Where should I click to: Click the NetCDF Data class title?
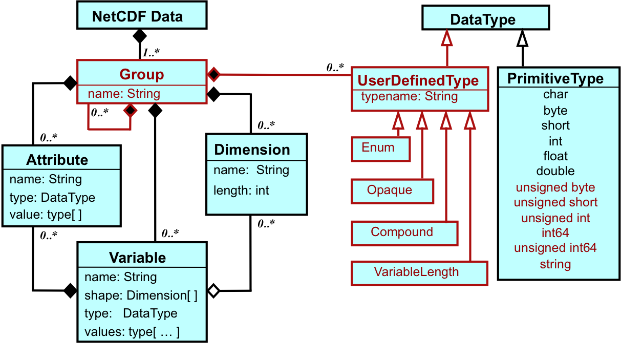(x=138, y=16)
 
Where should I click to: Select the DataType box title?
(x=483, y=19)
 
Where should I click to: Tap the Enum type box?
(x=381, y=149)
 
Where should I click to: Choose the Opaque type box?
(x=392, y=192)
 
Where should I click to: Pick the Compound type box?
(x=404, y=234)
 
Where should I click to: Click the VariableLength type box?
(x=419, y=273)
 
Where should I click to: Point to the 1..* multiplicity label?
(x=151, y=52)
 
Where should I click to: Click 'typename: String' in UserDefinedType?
(x=410, y=96)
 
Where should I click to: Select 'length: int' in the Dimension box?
(x=241, y=190)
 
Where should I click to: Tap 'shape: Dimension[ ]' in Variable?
(x=141, y=295)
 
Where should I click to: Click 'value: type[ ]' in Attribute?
(x=46, y=215)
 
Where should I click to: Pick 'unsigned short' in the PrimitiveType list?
(x=555, y=202)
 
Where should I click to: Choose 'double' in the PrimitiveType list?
(x=555, y=171)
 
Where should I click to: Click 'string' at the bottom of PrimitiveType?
(x=555, y=264)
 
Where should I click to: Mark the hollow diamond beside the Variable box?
(x=213, y=291)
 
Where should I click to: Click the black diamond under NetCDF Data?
(x=140, y=36)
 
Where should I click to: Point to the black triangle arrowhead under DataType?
(x=523, y=38)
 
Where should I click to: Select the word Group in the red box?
(x=142, y=74)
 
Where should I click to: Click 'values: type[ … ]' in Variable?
(x=132, y=332)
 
